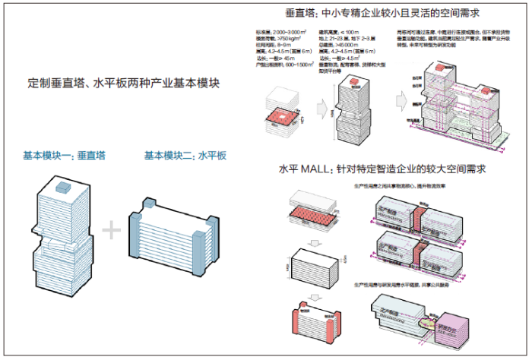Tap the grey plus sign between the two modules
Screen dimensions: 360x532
(x=112, y=229)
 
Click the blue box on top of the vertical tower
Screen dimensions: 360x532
(x=63, y=185)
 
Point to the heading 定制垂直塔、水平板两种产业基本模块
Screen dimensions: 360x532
(x=123, y=84)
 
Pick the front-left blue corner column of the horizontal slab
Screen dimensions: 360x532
(x=138, y=228)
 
